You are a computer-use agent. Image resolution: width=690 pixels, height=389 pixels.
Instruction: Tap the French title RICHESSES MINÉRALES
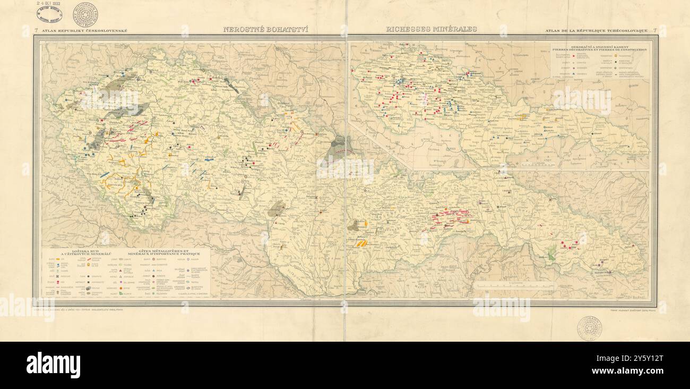coord(431,30)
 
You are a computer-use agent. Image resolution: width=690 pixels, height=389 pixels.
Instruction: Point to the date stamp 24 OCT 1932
coord(49,3)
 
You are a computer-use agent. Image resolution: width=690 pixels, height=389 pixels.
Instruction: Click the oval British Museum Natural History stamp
coord(49,13)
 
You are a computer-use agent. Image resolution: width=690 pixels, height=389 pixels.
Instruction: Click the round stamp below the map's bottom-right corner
coord(589,328)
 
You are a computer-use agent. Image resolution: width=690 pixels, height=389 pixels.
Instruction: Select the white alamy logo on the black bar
coord(53,365)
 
